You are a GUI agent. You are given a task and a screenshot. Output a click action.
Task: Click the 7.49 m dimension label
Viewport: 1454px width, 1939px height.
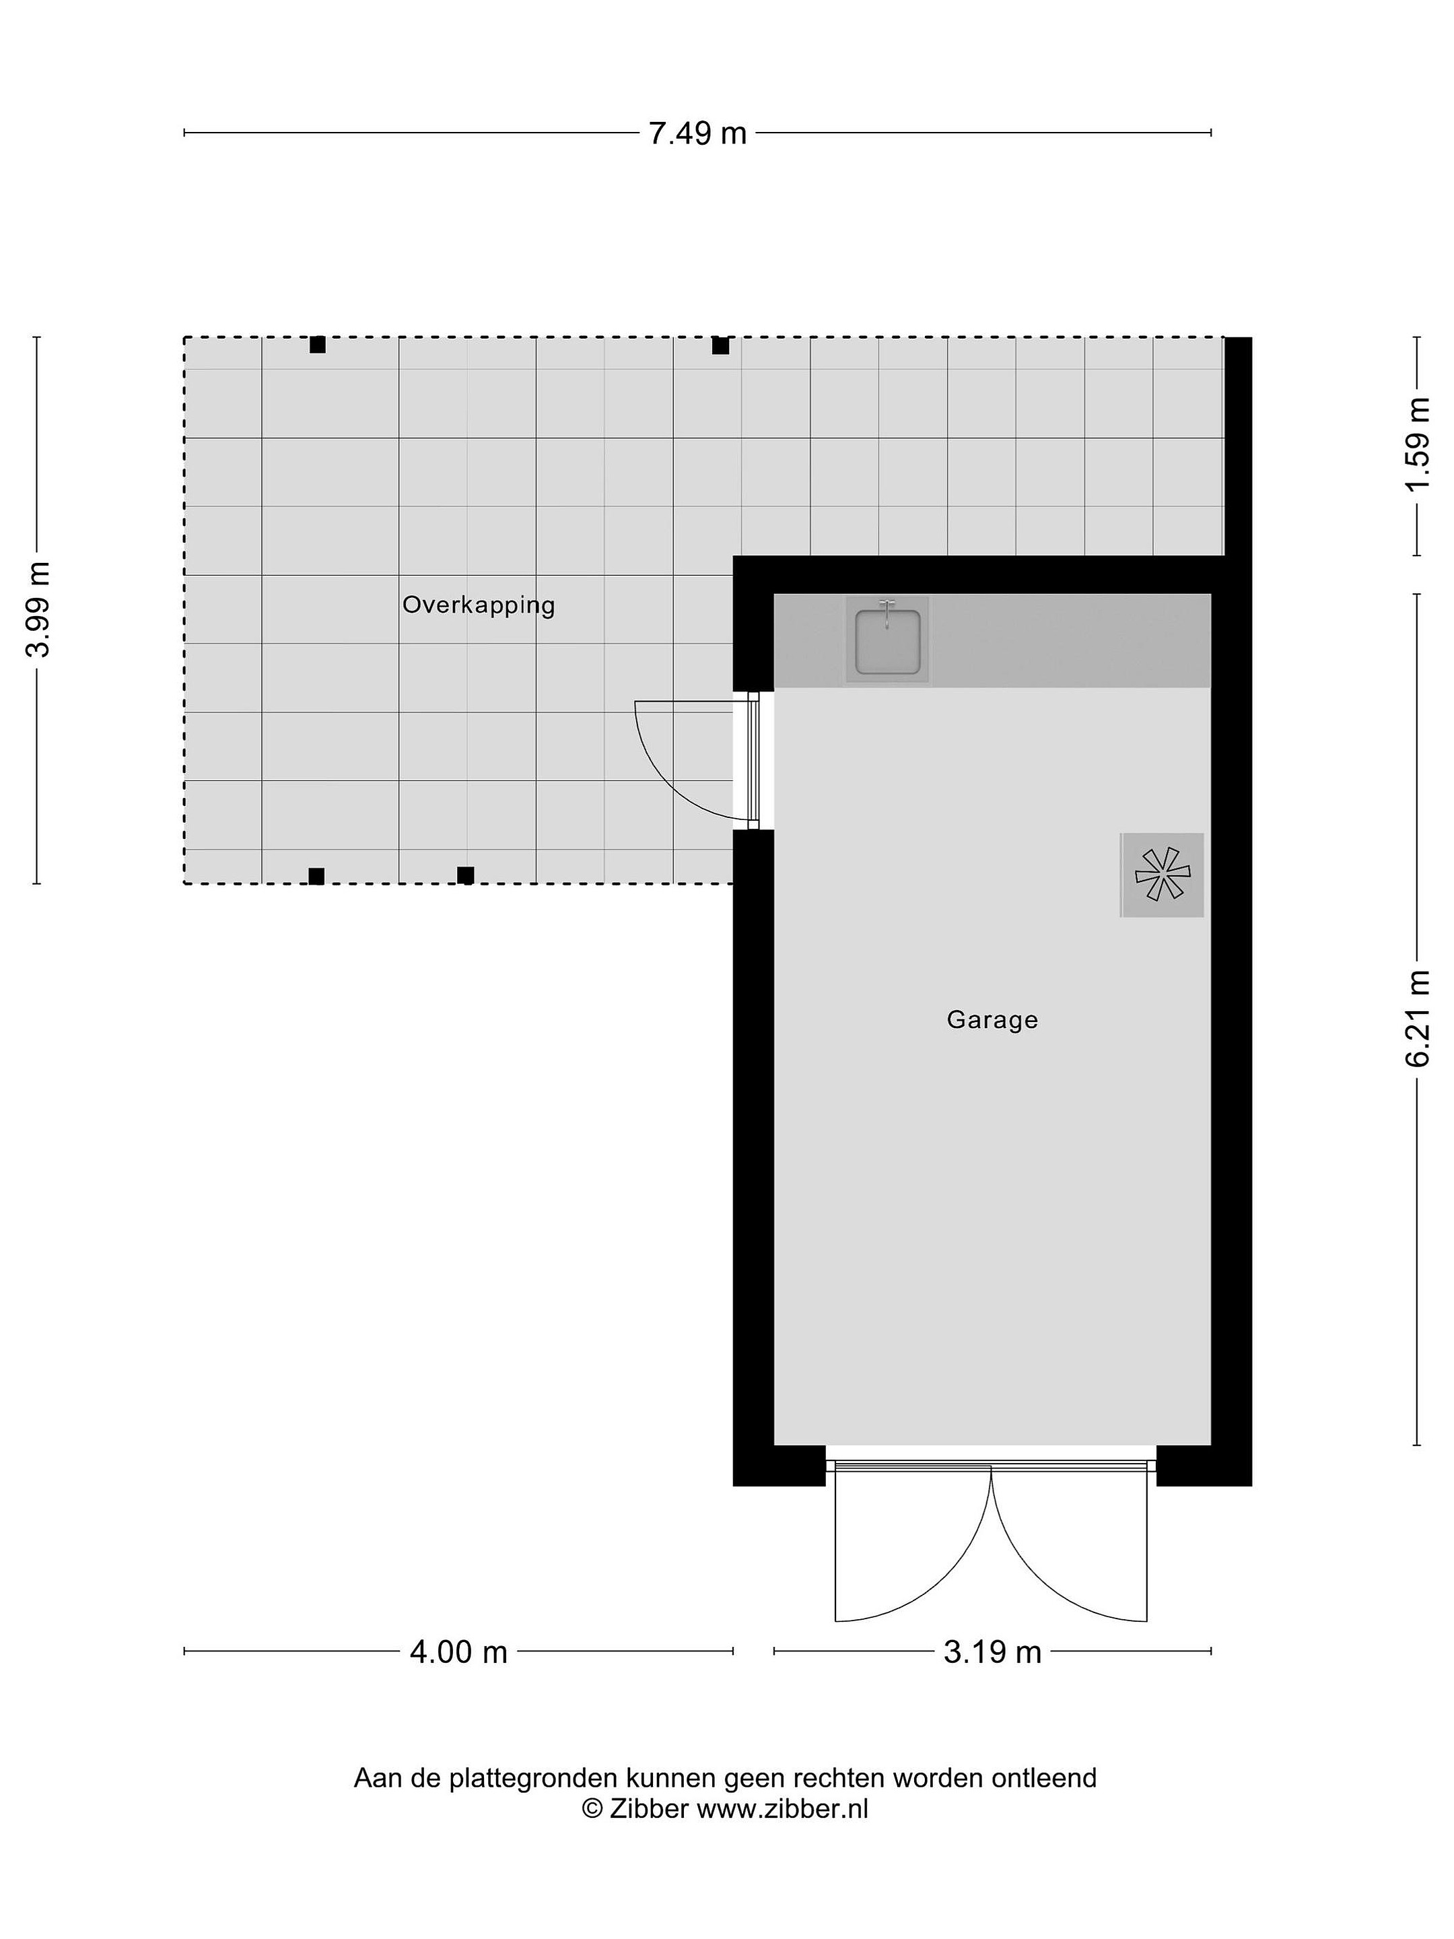[697, 133]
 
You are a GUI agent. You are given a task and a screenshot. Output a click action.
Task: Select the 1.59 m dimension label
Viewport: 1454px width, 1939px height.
[1418, 445]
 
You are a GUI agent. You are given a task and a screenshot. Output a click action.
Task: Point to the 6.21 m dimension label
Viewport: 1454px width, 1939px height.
[1418, 1019]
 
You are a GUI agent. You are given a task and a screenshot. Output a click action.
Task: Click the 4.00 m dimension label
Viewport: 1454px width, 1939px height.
[458, 1652]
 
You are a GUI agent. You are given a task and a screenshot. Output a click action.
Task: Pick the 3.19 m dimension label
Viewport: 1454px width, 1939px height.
[992, 1652]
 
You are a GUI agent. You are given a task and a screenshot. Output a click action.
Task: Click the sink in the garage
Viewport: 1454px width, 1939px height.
[887, 641]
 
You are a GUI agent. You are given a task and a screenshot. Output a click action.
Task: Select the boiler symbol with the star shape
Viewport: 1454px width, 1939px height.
[1162, 875]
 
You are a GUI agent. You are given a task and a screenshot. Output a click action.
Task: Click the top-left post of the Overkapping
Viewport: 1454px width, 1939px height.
[317, 345]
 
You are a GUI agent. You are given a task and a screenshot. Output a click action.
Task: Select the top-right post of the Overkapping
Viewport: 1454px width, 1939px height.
[720, 346]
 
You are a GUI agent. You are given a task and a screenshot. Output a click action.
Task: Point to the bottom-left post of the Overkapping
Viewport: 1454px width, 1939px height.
[316, 876]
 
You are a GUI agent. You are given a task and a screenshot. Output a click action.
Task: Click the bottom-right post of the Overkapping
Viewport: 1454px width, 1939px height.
[465, 875]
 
